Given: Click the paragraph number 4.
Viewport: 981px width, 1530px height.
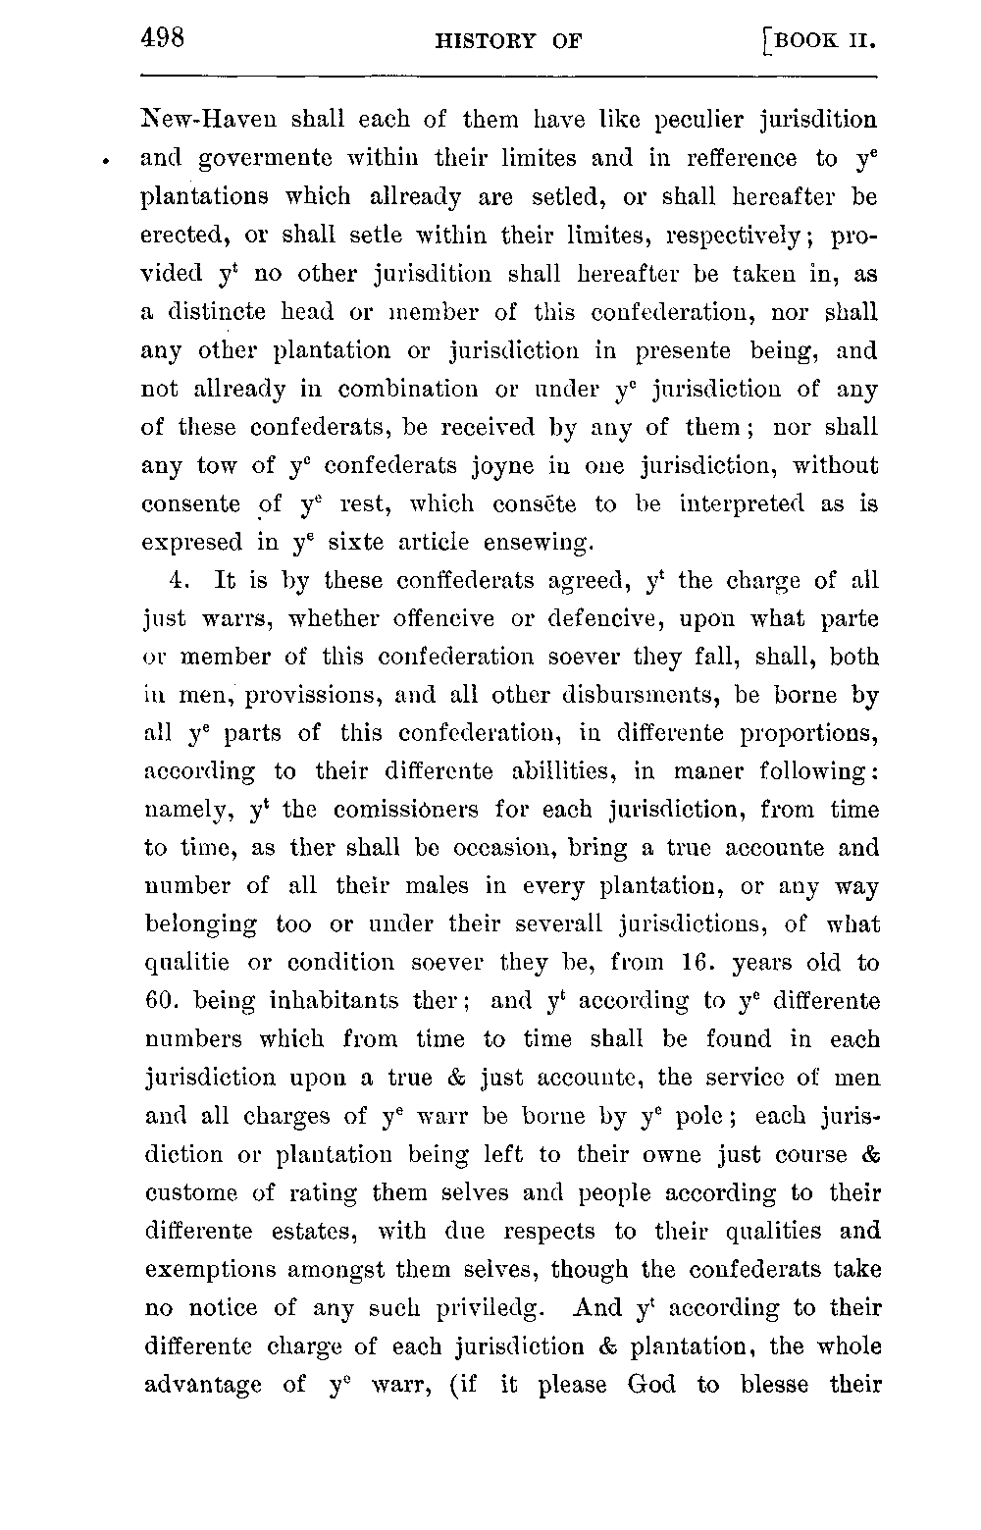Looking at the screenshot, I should pyautogui.click(x=178, y=581).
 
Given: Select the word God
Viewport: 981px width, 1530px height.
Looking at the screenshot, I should pyautogui.click(x=651, y=1385).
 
